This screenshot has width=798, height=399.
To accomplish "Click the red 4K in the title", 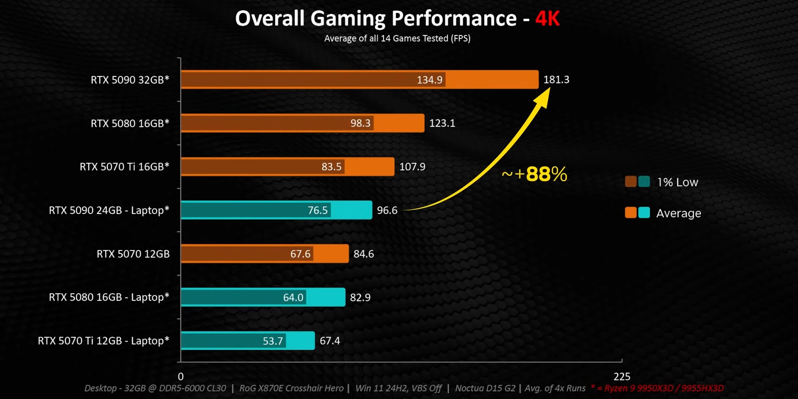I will pyautogui.click(x=547, y=19).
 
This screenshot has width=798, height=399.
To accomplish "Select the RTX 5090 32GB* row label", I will pyautogui.click(x=130, y=80).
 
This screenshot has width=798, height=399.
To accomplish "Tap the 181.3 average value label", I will pyautogui.click(x=556, y=79).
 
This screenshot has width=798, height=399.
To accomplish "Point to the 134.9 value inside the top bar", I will pyautogui.click(x=429, y=80).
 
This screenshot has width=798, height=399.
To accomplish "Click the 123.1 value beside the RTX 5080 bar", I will pyautogui.click(x=442, y=123).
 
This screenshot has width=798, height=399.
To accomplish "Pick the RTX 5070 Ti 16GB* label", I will pyautogui.click(x=124, y=167).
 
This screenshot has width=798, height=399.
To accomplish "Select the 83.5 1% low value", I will pyautogui.click(x=331, y=167).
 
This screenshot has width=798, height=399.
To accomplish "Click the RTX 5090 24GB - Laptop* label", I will pyautogui.click(x=109, y=210).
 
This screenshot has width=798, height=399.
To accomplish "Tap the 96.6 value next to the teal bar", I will pyautogui.click(x=387, y=210).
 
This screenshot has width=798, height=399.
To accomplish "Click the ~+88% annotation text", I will pyautogui.click(x=534, y=174).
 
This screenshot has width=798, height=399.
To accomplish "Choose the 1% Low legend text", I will pyautogui.click(x=677, y=182).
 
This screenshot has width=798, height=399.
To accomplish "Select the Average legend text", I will pyautogui.click(x=678, y=213).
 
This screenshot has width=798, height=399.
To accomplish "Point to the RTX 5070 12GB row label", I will pyautogui.click(x=133, y=254).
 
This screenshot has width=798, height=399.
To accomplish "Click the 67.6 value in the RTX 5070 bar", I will pyautogui.click(x=300, y=254).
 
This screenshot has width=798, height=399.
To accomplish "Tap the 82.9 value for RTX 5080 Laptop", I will pyautogui.click(x=360, y=298).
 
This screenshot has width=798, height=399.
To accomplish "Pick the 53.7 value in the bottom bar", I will pyautogui.click(x=273, y=341).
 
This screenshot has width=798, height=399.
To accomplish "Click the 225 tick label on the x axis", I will pyautogui.click(x=622, y=377).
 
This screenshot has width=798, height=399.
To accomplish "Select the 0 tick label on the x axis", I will pyautogui.click(x=181, y=377).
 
